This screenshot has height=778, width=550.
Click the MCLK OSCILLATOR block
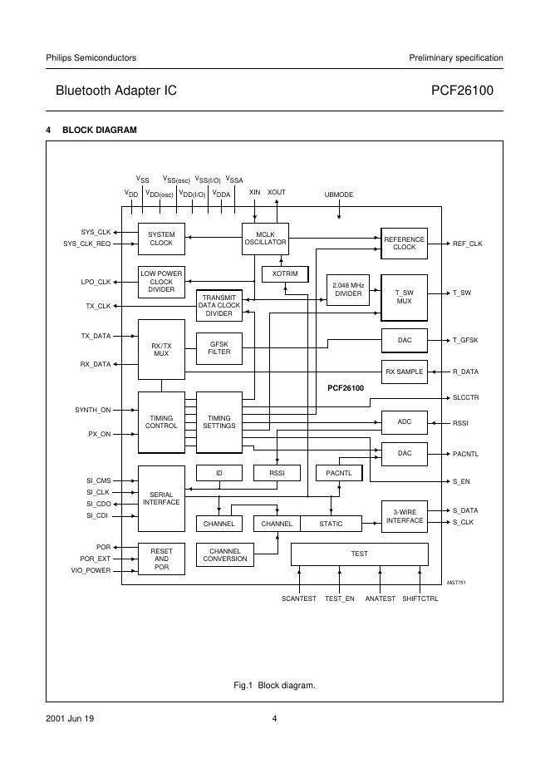265,239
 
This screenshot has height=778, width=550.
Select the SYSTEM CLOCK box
161,239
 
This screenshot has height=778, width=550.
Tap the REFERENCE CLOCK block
405,243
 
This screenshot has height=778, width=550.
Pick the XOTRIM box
285,274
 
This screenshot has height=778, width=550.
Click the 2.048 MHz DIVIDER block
348,290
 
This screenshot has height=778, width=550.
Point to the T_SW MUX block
405,298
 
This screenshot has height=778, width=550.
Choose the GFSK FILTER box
219,348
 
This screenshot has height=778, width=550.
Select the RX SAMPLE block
405,372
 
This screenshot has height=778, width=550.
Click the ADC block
405,422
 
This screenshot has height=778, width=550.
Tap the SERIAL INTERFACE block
161,499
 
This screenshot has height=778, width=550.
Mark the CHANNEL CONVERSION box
224,554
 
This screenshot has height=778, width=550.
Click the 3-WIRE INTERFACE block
405,516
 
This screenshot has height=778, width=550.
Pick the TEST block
360,554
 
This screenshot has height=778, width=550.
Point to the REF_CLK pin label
467,244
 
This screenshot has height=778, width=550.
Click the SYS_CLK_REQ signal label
87,244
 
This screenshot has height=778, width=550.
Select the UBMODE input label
339,194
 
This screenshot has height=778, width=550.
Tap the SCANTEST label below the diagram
298,599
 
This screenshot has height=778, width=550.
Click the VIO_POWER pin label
91,570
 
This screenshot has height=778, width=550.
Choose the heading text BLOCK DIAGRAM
100,130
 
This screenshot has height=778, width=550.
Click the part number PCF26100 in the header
462,91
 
